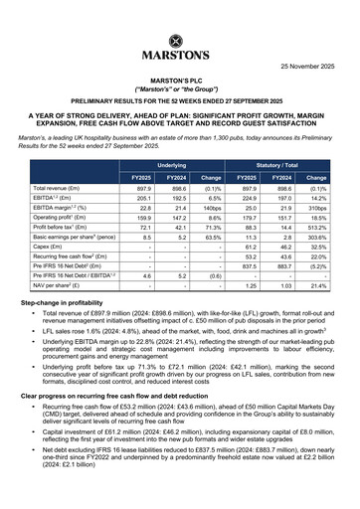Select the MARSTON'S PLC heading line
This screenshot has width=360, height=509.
pos(179,86)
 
